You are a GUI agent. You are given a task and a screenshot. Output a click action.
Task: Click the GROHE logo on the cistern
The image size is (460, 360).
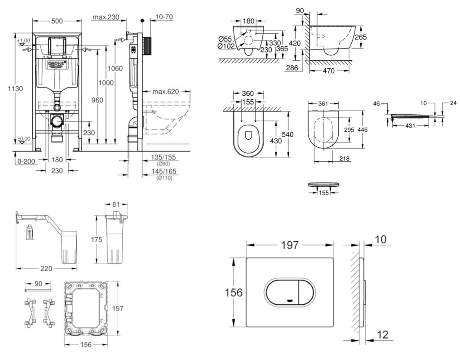coord(57,63)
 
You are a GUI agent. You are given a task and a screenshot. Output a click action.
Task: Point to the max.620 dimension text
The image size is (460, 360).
coord(165,92)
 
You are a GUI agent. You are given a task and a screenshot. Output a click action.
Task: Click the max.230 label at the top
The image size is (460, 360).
coord(106,18)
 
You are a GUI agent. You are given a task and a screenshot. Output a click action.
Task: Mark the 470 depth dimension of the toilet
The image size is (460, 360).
coord(329,71)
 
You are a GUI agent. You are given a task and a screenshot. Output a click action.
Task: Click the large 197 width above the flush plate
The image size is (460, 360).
coord(290,245)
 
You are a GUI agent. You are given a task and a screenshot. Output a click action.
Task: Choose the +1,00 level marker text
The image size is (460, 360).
coord(23,41)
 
